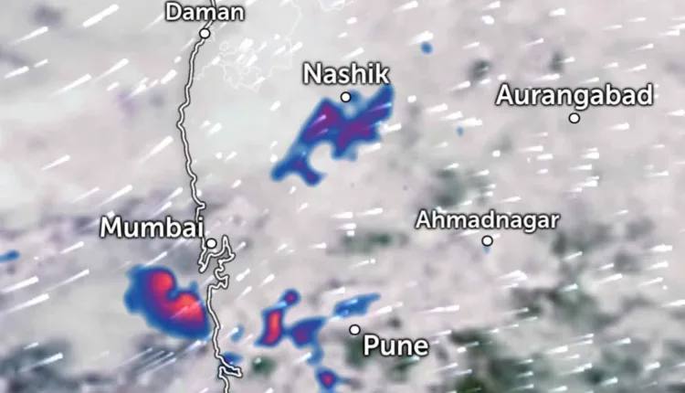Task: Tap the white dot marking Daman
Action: pyautogui.click(x=205, y=33)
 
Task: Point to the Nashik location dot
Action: pyautogui.click(x=346, y=97)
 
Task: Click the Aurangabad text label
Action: pyautogui.click(x=575, y=94)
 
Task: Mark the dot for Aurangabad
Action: pyautogui.click(x=574, y=117)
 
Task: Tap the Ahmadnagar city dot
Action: pyautogui.click(x=487, y=241)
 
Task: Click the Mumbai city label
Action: pyautogui.click(x=150, y=227)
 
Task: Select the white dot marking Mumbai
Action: pyautogui.click(x=211, y=243)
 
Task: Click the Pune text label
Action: pyautogui.click(x=395, y=345)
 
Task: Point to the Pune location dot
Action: pyautogui.click(x=354, y=329)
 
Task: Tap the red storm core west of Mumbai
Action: pyautogui.click(x=169, y=297)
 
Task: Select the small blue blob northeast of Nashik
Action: pyautogui.click(x=427, y=48)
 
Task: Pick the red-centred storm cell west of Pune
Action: pyautogui.click(x=274, y=324)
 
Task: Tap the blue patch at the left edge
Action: pyautogui.click(x=7, y=256)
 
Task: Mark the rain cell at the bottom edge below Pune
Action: pyautogui.click(x=327, y=377)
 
